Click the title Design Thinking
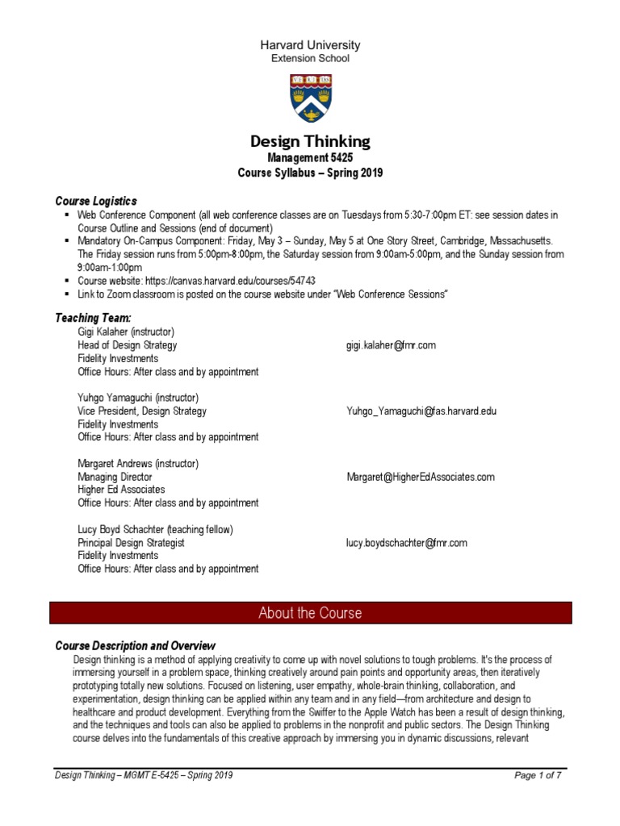pos(310,141)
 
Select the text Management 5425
pos(310,158)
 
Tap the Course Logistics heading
pos(95,200)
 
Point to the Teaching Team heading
pos(92,319)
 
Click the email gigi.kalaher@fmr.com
pos(391,345)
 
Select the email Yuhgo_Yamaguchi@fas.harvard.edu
pos(421,411)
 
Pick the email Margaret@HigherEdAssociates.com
pos(421,477)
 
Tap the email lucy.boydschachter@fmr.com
pos(407,543)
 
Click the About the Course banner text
pos(310,613)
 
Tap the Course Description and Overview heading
pos(135,646)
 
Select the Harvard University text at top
pos(310,45)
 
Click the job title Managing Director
pos(115,477)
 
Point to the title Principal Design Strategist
pos(131,543)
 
